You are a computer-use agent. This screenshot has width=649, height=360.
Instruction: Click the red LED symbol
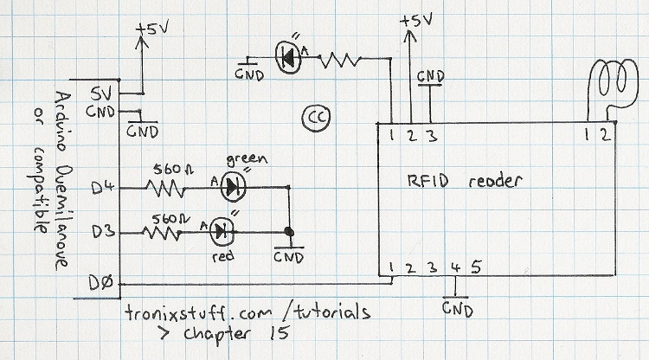pos(222,230)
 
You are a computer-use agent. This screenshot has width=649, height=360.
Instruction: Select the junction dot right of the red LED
pos(286,232)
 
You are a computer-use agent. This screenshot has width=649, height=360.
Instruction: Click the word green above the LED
pos(243,159)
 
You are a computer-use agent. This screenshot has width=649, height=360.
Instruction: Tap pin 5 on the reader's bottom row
pos(475,266)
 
